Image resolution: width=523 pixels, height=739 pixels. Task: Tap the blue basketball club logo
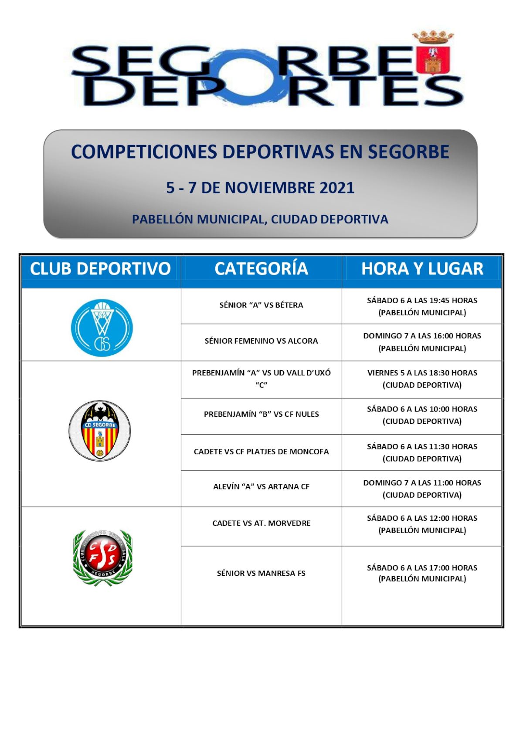[x=102, y=327]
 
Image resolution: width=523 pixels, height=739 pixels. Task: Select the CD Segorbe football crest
[x=100, y=430]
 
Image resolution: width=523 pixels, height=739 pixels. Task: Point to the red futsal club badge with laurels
[x=102, y=558]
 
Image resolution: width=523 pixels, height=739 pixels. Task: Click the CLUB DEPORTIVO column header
[x=100, y=269]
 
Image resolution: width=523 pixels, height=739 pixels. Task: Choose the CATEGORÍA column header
[x=261, y=269]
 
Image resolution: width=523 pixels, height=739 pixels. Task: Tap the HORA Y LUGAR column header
[x=422, y=269]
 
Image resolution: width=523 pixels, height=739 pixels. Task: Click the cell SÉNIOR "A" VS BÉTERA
[x=261, y=305]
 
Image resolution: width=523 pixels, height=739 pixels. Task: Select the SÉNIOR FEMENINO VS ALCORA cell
[x=261, y=341]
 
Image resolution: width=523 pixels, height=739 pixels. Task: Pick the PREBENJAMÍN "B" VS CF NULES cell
[x=261, y=414]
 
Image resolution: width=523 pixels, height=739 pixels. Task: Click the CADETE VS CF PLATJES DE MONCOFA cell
[x=261, y=452]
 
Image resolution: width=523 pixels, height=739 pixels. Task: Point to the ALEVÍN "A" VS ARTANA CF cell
[x=261, y=487]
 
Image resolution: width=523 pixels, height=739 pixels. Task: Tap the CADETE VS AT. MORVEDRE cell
[x=261, y=523]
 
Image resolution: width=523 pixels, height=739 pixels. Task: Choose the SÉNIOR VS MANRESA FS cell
[x=261, y=574]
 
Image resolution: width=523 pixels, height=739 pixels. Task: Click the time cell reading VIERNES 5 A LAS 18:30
[x=422, y=379]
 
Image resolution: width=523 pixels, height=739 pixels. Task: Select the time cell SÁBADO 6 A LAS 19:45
[x=422, y=306]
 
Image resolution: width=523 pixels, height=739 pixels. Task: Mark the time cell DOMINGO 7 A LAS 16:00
[x=422, y=342]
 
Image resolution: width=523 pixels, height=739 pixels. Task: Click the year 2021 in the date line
[x=337, y=188]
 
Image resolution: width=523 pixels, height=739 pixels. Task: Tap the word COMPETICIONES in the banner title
[x=144, y=152]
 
